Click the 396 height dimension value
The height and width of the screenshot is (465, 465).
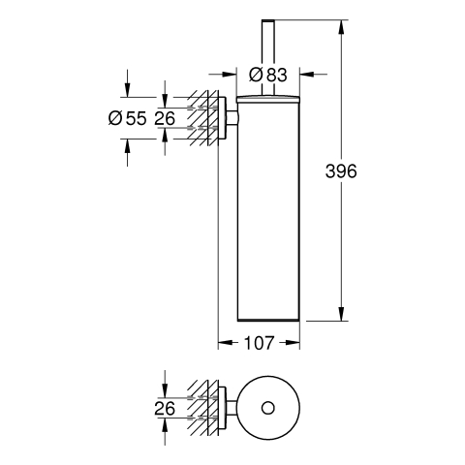(341, 171)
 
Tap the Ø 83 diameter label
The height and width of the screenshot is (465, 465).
(268, 75)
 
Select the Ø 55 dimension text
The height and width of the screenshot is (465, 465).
(128, 118)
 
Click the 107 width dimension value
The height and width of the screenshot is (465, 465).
(259, 343)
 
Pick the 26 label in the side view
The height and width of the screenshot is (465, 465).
(165, 118)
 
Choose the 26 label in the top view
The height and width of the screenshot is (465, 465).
(165, 408)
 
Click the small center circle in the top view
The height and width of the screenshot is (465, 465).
(268, 408)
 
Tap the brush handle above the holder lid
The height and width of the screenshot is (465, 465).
(268, 58)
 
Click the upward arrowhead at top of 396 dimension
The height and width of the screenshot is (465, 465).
(341, 27)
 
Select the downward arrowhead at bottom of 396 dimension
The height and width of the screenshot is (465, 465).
(341, 314)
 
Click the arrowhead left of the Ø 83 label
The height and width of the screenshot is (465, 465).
(230, 75)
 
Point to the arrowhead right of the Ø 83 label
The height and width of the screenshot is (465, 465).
(307, 75)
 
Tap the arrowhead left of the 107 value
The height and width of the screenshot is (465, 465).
(226, 343)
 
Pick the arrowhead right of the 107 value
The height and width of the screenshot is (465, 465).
(293, 343)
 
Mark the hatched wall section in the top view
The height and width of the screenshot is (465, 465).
(202, 408)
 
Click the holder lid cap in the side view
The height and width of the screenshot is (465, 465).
(268, 99)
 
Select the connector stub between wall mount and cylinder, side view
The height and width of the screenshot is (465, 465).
(232, 118)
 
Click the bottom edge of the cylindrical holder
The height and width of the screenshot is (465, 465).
(268, 321)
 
